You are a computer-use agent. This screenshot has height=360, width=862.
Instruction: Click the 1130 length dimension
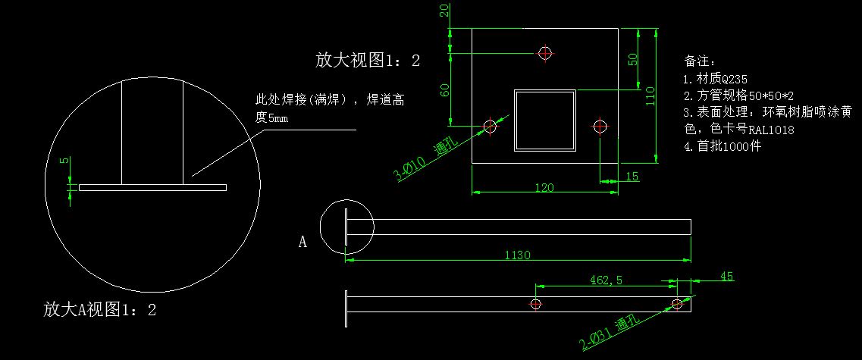pyautogui.click(x=517, y=255)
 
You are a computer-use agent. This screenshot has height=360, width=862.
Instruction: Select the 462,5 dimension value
pyautogui.click(x=606, y=280)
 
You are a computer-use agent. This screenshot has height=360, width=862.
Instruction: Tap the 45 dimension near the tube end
pyautogui.click(x=726, y=277)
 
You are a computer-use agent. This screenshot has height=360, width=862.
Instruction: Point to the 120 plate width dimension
pyautogui.click(x=545, y=187)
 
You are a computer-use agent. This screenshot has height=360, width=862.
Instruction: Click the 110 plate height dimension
pyautogui.click(x=650, y=95)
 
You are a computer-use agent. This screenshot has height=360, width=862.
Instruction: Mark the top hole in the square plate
pyautogui.click(x=545, y=53)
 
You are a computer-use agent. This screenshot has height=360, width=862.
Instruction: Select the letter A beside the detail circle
pyautogui.click(x=302, y=243)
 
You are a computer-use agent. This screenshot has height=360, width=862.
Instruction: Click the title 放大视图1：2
pyautogui.click(x=368, y=61)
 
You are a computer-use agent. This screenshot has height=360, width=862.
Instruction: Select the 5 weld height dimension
pyautogui.click(x=64, y=161)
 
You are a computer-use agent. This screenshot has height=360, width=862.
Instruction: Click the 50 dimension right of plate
pyautogui.click(x=632, y=59)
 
